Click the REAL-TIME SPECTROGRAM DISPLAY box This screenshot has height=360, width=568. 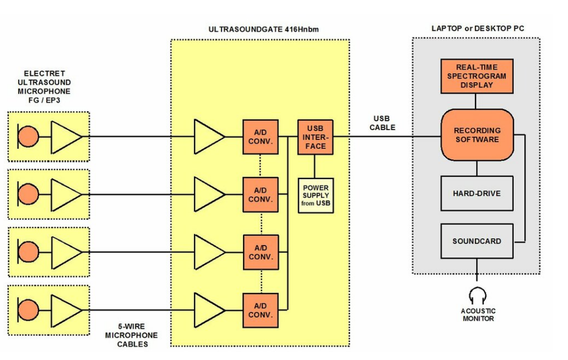(x=476, y=76)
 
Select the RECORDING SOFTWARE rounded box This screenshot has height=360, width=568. (x=477, y=135)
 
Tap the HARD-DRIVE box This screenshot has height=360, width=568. (x=476, y=193)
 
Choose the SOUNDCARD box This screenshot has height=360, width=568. (x=476, y=241)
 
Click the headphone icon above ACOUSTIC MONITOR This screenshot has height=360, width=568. (x=477, y=296)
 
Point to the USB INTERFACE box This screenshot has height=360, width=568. (x=315, y=137)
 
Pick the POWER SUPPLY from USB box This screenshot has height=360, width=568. (x=316, y=196)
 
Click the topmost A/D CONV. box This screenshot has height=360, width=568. (x=260, y=137)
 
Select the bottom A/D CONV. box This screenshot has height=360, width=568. (x=260, y=311)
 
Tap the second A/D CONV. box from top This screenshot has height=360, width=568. (x=260, y=195)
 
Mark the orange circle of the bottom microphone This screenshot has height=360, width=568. (x=29, y=311)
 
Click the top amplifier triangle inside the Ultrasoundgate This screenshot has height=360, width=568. (x=207, y=137)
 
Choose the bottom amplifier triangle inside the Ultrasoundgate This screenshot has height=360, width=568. (x=207, y=311)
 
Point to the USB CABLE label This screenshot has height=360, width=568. (x=382, y=123)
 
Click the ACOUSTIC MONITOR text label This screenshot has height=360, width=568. (x=478, y=315)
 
